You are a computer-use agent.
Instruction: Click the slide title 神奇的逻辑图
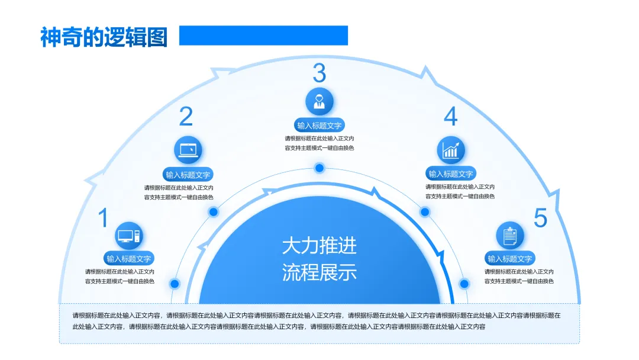pos(104,37)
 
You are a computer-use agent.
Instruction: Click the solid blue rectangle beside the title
pos(263,36)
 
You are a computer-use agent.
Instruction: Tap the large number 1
pos(103,218)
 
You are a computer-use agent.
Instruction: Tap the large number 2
pos(186,117)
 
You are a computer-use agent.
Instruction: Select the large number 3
pos(319,73)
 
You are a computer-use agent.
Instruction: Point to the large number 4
pos(451,117)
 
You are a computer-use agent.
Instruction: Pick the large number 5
pos(540,218)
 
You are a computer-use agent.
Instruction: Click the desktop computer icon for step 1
pos(129,236)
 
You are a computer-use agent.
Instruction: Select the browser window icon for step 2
pos(188,150)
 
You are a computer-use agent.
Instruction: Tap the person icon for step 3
pos(319,101)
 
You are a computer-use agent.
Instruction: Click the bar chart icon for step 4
pos(451,150)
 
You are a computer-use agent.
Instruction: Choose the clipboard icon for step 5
pos(510,236)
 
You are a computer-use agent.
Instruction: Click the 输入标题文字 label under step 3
pos(319,126)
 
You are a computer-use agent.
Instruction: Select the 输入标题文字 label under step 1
pos(129,259)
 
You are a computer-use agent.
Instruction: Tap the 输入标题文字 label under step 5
pos(510,259)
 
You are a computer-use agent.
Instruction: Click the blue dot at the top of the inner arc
pos(319,168)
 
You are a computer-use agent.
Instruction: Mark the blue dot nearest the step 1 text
pos(175,284)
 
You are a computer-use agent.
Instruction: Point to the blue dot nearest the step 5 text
pos(464,284)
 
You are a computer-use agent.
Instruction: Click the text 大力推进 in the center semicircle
pos(319,245)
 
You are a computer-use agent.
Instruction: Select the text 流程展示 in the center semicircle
pos(319,273)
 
